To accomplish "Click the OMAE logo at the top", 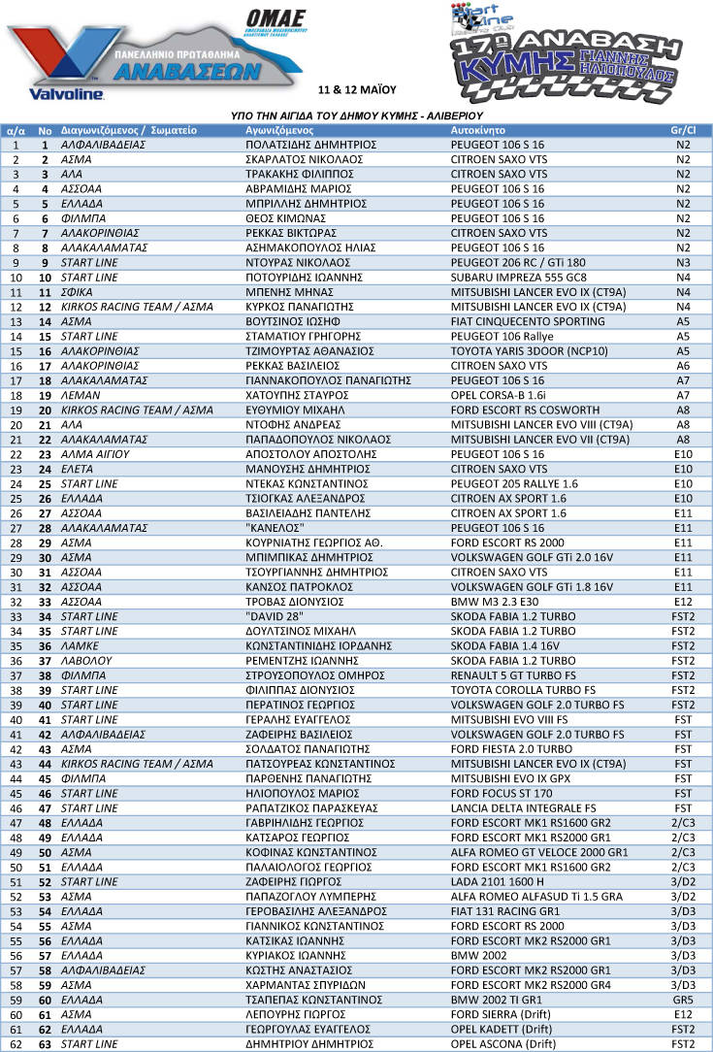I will pos(275,19).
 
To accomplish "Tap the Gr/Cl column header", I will pos(683,129).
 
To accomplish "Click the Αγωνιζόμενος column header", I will pos(278,129).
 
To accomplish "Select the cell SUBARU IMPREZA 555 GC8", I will pos(511,277).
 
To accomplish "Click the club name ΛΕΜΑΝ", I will pos(81,395).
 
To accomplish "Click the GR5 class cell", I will pos(683,999).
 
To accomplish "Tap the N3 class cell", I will pos(683,262).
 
